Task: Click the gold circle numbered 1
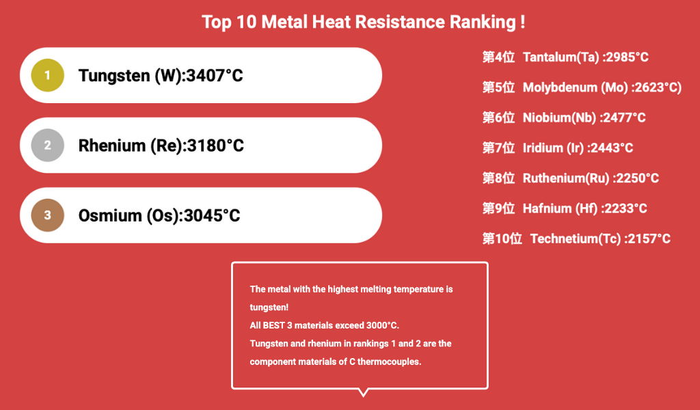47,75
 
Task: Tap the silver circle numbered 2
47,145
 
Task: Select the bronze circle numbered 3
47,215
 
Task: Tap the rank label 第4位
498,57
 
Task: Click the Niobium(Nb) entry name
560,118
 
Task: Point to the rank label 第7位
498,148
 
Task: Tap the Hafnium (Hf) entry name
561,208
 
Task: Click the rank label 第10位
502,238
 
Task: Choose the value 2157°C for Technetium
647,238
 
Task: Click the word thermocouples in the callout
393,361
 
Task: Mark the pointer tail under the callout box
364,392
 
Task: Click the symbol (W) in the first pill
167,75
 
